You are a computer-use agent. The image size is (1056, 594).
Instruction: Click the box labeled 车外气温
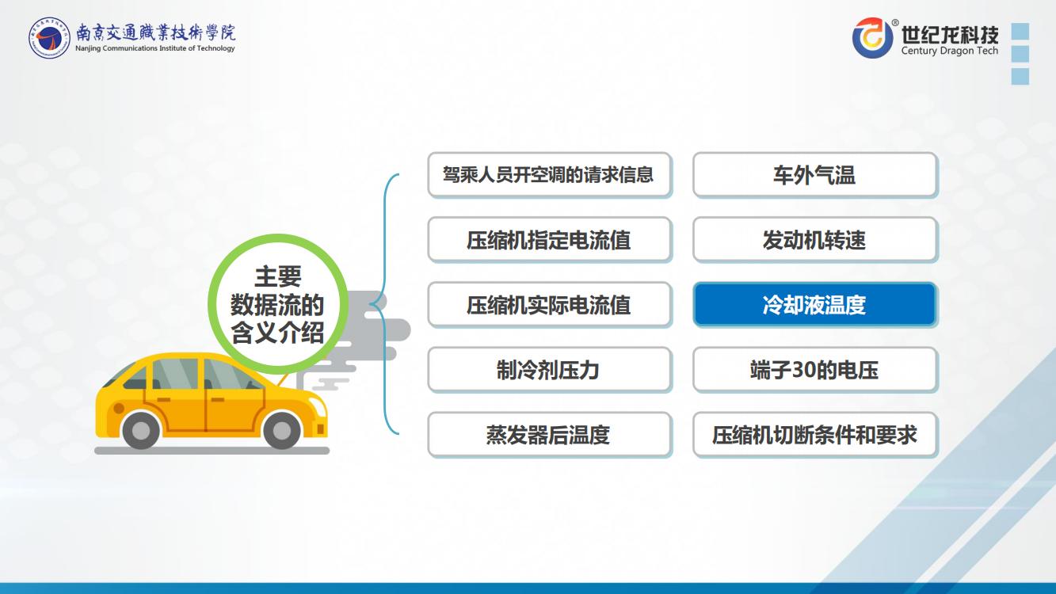815,175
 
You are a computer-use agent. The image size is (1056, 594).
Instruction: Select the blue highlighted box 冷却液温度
815,305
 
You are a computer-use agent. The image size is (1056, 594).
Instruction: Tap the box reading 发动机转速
815,240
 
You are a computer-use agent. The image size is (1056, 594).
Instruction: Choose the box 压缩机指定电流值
550,240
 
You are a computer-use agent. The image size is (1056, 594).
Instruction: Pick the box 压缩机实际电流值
550,305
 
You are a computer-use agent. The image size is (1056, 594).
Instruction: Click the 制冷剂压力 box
550,370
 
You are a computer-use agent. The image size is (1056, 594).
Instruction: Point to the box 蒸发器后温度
550,435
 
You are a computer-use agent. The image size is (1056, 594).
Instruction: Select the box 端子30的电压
815,370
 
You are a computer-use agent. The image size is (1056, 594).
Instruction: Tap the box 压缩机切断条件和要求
815,435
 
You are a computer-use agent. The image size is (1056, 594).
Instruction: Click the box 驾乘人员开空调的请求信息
550,175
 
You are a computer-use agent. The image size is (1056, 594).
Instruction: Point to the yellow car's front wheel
281,429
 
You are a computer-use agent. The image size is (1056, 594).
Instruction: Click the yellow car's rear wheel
141,429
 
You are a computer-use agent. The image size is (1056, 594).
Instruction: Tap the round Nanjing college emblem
49,38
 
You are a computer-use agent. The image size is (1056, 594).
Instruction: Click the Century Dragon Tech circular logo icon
873,38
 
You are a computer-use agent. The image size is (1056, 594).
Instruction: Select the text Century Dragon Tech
950,51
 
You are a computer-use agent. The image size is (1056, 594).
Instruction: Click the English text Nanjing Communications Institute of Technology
155,48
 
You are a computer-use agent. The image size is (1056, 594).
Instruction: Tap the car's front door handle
217,400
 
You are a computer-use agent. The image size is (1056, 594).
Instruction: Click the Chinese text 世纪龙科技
950,34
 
